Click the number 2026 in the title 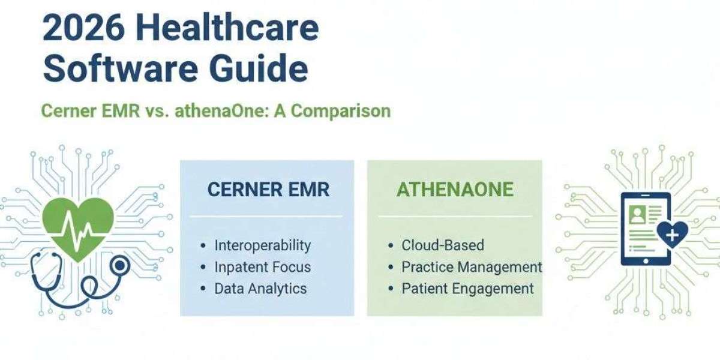click(x=83, y=28)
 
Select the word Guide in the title click(x=259, y=68)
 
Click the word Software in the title click(x=121, y=68)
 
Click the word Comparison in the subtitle click(x=341, y=112)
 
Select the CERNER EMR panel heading click(x=268, y=190)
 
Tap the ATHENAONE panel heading click(x=455, y=190)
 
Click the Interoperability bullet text click(x=263, y=246)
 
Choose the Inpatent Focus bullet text click(x=263, y=268)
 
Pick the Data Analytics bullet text click(x=260, y=289)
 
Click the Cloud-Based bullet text click(x=443, y=245)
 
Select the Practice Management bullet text click(x=472, y=268)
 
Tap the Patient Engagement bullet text click(x=467, y=289)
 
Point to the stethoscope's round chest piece click(x=119, y=265)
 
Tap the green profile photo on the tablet click(x=637, y=215)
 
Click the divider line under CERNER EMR click(x=266, y=217)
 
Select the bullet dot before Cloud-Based click(x=391, y=246)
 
